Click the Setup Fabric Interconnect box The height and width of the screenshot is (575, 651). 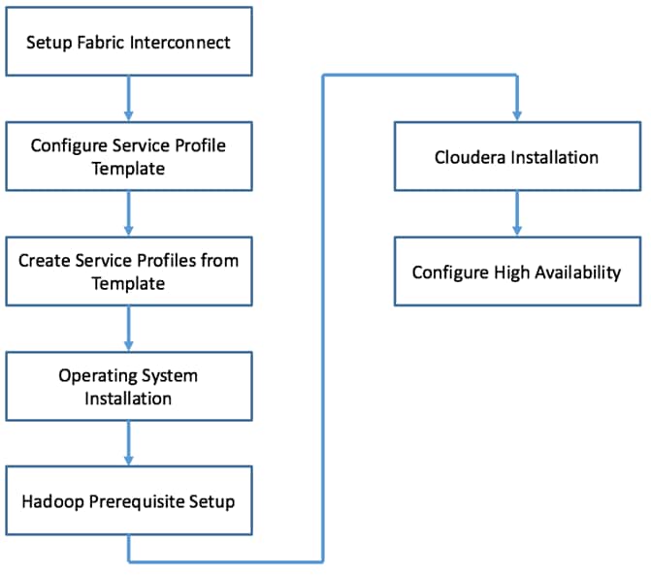point(128,43)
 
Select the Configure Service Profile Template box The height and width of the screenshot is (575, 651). point(128,156)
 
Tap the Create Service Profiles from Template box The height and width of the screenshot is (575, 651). point(128,272)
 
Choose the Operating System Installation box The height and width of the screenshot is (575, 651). point(128,386)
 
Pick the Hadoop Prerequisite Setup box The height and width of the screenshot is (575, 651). point(128,500)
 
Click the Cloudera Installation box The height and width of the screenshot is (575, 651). point(516,156)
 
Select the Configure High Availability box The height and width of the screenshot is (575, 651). point(516,272)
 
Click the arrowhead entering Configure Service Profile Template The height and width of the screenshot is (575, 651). point(128,114)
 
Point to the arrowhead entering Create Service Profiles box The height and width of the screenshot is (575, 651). point(128,230)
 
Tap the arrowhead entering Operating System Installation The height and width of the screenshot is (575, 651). point(128,344)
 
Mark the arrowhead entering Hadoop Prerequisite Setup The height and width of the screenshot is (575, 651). point(128,459)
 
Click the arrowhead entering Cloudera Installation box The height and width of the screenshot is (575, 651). point(516,114)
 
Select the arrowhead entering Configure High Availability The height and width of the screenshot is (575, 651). point(516,230)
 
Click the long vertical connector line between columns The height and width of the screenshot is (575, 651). point(322,320)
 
